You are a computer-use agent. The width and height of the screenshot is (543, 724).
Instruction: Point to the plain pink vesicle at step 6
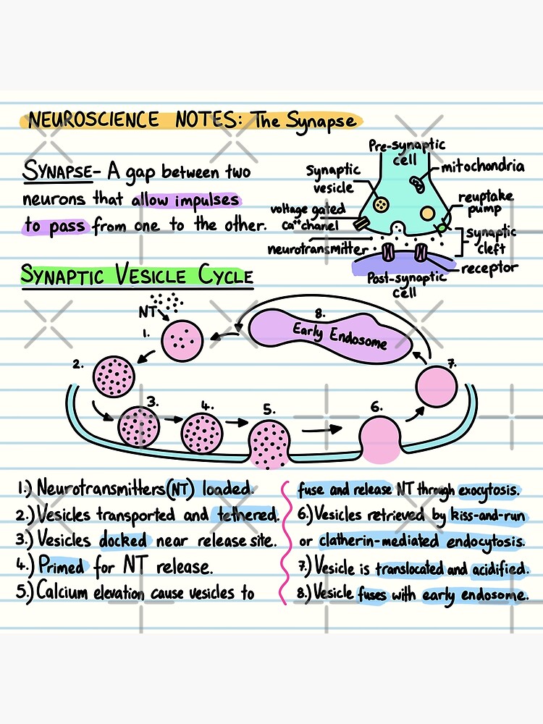tap(380, 437)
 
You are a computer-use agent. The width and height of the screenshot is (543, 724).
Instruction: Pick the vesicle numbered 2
tap(113, 376)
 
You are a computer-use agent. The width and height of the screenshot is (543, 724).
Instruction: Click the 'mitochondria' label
tap(484, 167)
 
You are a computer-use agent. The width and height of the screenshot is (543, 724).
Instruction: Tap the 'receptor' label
tap(491, 269)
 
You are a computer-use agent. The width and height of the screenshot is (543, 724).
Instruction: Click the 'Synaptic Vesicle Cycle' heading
tap(137, 276)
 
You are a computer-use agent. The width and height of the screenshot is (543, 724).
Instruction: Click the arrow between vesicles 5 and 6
tap(323, 429)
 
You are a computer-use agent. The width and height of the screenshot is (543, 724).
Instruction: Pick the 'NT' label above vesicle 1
tap(147, 312)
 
